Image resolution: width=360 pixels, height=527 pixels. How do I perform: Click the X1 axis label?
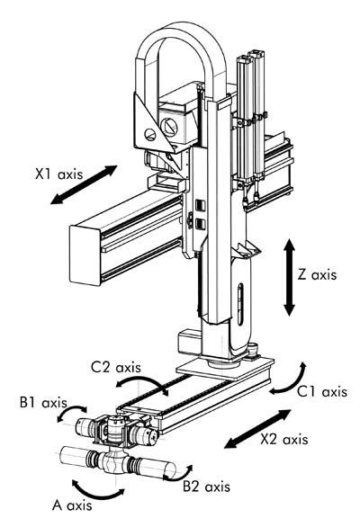click(59, 174)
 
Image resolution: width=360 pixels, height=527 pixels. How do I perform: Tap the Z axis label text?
click(317, 275)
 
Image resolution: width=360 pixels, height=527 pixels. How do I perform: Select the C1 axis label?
click(322, 392)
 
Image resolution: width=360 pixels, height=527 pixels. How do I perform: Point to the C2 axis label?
click(116, 367)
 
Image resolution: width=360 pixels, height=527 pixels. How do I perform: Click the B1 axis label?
click(43, 402)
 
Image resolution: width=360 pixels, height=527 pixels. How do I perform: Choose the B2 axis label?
click(207, 487)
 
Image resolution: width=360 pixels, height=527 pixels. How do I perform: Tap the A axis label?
click(72, 505)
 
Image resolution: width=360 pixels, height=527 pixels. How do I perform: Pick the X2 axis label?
click(284, 439)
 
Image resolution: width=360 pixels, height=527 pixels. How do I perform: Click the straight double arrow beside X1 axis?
click(84, 184)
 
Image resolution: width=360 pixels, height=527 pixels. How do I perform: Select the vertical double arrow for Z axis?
click(289, 277)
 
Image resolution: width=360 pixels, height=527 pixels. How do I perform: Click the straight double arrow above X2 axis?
click(258, 428)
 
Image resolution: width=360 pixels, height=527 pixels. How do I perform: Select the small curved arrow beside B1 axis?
click(71, 411)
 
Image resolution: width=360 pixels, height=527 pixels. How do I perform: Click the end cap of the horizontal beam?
click(85, 255)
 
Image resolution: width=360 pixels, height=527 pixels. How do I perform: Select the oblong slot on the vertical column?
click(240, 304)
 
